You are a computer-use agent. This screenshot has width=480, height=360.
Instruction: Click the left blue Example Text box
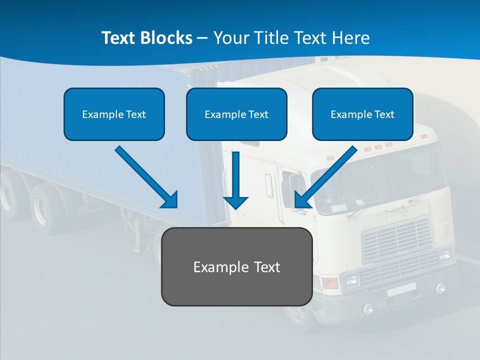[x=114, y=114]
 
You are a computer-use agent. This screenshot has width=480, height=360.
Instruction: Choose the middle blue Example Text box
[x=236, y=114]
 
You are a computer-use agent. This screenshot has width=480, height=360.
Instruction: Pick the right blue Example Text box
[x=362, y=114]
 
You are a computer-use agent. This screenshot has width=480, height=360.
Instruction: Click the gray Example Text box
[x=236, y=266]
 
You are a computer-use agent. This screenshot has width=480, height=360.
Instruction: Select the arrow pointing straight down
[x=235, y=180]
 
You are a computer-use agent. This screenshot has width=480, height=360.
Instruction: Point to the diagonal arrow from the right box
[x=325, y=177]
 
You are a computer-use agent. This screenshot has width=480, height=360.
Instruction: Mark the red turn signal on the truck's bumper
[x=330, y=283]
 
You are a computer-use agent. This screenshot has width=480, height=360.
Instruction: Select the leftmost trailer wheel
[x=7, y=197]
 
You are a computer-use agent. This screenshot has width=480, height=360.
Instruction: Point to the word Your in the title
[x=229, y=38]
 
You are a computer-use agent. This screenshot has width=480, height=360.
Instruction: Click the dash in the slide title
[x=202, y=38]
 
